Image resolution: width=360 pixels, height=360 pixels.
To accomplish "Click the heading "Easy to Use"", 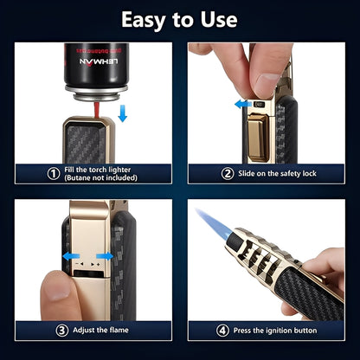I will pos(180,19).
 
